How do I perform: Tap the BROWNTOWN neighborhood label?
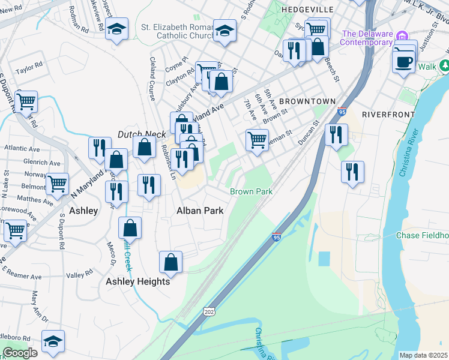304,101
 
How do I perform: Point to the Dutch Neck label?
137,134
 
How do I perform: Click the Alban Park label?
200,211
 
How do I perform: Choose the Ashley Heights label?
138,281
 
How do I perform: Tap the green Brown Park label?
252,191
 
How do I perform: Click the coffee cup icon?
403,60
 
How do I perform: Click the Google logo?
20,353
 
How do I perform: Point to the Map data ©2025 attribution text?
423,355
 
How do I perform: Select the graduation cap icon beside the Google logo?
53,340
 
